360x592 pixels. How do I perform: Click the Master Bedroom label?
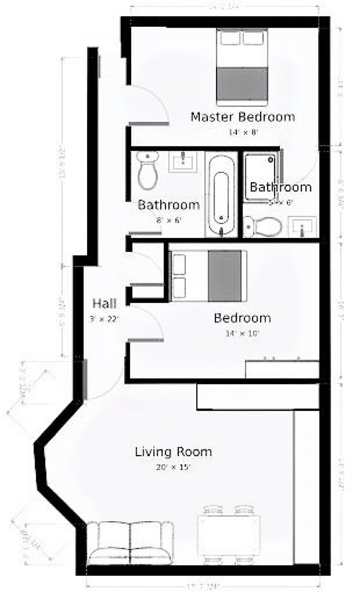click(242, 117)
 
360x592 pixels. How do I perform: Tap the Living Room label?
click(173, 452)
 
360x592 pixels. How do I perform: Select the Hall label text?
click(105, 303)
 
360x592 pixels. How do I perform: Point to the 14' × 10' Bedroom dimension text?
click(243, 334)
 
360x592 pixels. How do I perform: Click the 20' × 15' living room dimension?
click(173, 467)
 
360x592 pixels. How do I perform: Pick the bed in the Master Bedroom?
click(242, 66)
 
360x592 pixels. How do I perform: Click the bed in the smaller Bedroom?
click(208, 276)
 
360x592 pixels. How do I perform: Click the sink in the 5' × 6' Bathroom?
click(302, 227)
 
